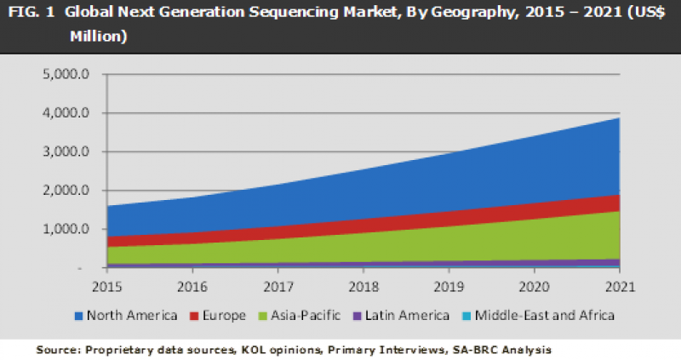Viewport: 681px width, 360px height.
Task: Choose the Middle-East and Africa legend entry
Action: (x=542, y=316)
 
